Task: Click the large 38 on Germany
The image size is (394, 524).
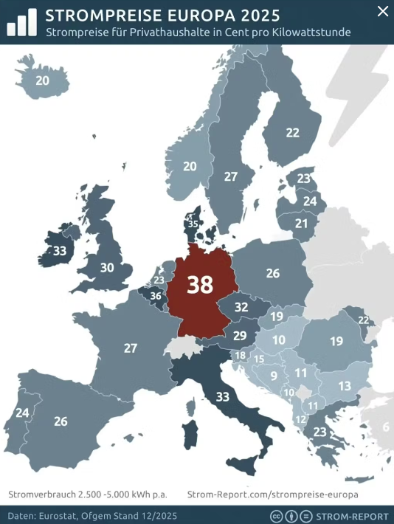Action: [200, 285]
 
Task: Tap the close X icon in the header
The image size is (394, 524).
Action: [381, 11]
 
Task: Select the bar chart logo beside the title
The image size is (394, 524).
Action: [22, 23]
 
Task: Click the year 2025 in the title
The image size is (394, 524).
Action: [258, 15]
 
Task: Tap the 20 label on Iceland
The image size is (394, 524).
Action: [42, 80]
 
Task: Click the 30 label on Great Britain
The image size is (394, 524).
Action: [107, 267]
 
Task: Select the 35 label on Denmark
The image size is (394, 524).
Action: [193, 224]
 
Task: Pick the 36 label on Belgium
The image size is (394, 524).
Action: [156, 296]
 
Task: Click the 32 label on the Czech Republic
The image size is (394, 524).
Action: [241, 307]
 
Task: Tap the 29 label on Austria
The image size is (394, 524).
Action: [240, 335]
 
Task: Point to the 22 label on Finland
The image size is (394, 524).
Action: [293, 133]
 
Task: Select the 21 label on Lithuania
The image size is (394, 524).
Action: [301, 223]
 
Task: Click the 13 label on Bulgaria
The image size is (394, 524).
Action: [345, 385]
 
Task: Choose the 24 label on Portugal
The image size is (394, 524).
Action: [22, 413]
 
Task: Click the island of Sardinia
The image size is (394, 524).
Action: [190, 434]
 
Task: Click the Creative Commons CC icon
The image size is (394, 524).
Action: [277, 515]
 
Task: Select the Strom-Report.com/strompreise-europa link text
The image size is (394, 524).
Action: [272, 494]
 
